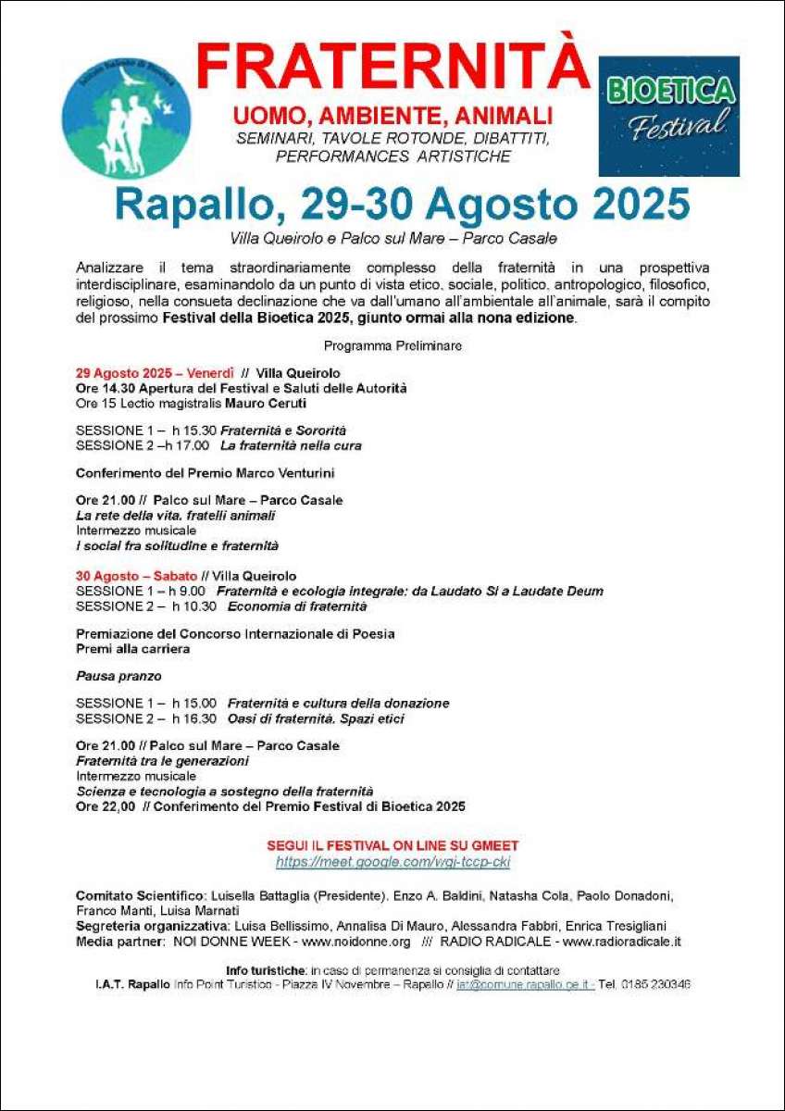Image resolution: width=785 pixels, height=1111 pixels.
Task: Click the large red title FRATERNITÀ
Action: coord(392,68)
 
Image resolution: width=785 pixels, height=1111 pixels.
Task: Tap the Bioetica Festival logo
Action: coord(668,116)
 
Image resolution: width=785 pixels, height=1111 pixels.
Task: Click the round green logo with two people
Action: coord(127,119)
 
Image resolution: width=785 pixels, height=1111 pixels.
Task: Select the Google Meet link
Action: coord(392,862)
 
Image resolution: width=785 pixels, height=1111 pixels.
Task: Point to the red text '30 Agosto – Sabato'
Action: coord(136,576)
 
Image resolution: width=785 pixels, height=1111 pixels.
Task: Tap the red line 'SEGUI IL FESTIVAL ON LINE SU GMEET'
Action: coord(392,846)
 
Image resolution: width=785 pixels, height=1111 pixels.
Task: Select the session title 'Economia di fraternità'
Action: coord(297,606)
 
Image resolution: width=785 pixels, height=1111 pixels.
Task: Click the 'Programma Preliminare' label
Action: coord(392,346)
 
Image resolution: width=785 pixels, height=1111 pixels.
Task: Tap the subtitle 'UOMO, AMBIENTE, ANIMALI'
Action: coord(392,117)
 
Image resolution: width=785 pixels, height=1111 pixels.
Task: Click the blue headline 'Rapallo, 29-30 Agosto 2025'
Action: coord(403,205)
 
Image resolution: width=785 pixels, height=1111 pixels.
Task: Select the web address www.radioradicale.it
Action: coord(621,941)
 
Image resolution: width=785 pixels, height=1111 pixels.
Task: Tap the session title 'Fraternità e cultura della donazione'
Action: coord(338,703)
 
